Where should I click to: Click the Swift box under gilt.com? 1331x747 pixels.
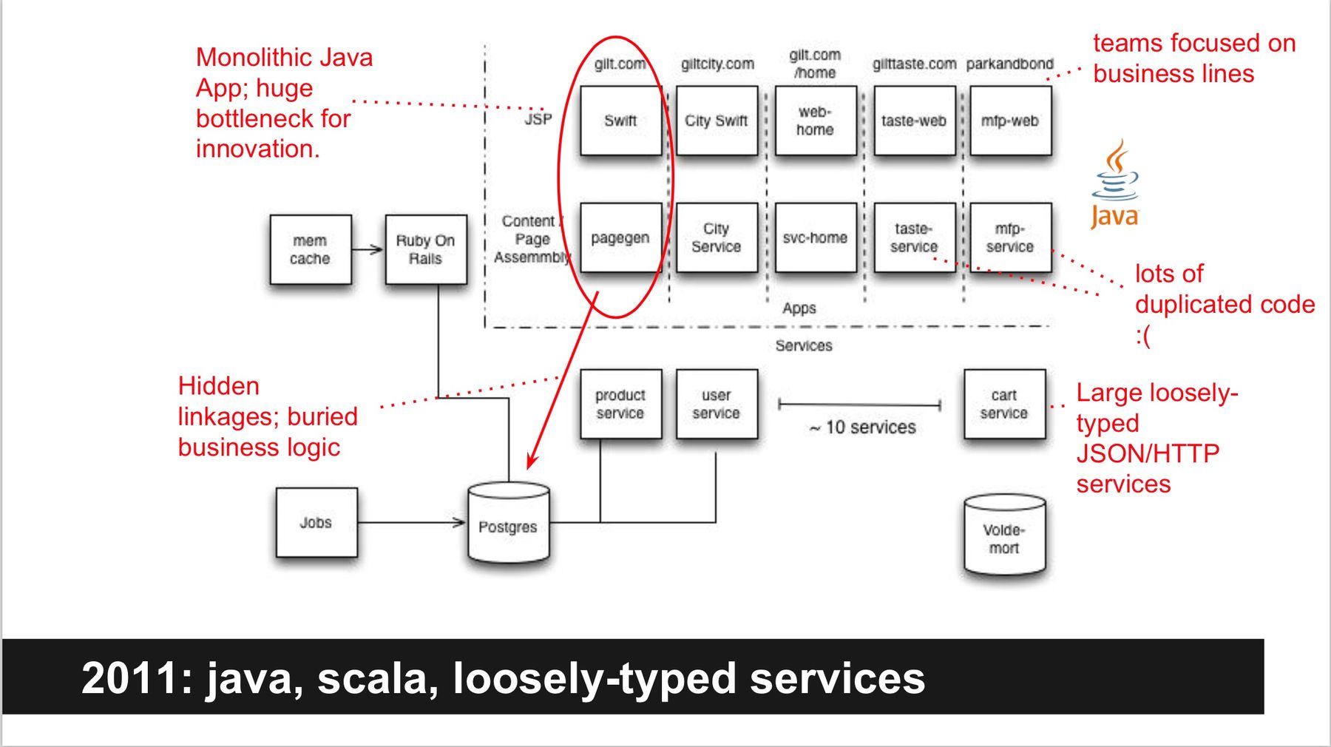(620, 121)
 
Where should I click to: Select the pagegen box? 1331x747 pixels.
(620, 238)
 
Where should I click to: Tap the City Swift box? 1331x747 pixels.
(717, 121)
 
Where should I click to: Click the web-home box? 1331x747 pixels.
(815, 121)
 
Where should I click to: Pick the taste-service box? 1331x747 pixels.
(914, 238)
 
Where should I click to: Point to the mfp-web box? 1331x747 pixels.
(1010, 121)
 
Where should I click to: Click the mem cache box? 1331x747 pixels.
(310, 250)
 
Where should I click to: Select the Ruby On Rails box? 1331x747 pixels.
(426, 250)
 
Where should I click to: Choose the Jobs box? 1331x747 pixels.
(316, 522)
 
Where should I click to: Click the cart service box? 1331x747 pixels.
(1004, 404)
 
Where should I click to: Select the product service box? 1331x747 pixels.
(620, 404)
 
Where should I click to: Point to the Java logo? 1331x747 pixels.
(1115, 185)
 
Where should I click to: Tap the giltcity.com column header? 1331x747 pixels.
(717, 64)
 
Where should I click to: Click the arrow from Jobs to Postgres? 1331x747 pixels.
(411, 522)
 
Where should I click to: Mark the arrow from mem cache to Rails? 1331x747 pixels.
(368, 249)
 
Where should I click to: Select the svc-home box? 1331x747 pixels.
(815, 238)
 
